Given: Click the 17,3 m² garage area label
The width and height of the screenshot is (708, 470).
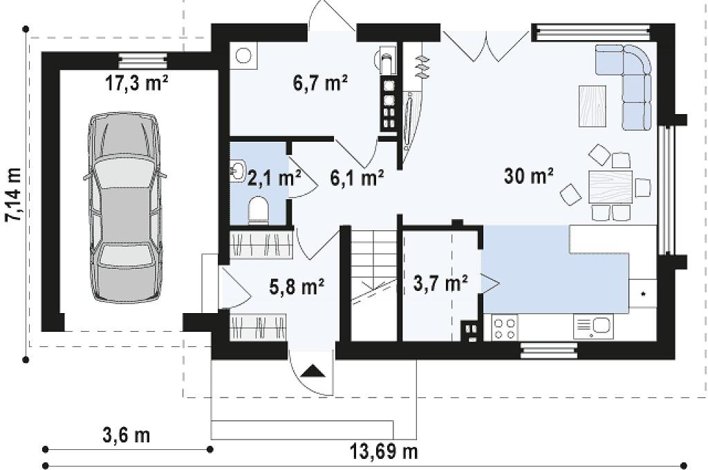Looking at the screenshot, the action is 137,83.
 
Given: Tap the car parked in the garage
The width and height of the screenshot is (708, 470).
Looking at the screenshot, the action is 124,207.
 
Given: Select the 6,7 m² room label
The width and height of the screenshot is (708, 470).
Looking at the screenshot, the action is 321,83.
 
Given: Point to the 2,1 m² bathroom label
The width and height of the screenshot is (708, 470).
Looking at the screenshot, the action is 274,178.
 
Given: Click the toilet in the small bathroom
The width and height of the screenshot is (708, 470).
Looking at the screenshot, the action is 259,210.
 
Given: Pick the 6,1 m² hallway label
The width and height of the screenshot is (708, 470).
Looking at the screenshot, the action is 357,178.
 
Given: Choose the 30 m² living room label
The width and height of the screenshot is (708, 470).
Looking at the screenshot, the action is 529,175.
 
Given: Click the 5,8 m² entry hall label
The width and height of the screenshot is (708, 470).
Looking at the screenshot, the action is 297,286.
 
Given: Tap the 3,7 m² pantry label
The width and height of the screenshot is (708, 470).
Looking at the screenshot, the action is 440,283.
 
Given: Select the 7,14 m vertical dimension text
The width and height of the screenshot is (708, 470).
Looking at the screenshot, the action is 14,195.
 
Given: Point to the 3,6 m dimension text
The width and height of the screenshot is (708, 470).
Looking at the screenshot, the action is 127,435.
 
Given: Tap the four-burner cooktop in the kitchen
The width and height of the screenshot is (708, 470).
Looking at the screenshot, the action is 504,328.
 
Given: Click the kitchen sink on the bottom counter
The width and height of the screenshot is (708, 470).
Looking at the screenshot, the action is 593,327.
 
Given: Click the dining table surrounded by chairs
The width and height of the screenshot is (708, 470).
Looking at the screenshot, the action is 610,187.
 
